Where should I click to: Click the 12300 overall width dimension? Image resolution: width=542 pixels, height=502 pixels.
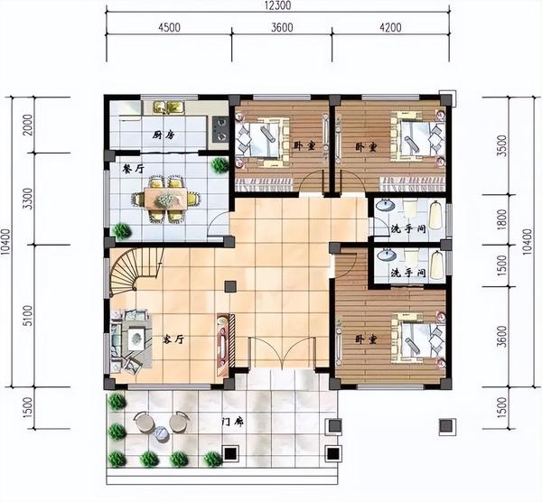[x=277, y=5]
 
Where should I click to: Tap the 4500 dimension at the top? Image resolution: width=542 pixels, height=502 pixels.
[x=170, y=27]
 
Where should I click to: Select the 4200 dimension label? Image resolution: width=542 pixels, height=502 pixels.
[x=390, y=27]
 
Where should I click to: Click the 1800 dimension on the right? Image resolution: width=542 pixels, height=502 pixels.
[x=501, y=219]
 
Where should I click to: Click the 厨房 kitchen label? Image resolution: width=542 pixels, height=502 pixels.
[x=163, y=135]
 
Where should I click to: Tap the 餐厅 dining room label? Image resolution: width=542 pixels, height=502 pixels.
[x=134, y=169]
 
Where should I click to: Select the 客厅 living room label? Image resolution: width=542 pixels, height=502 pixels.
[x=173, y=339]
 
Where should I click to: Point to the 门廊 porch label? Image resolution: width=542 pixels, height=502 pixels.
[x=233, y=423]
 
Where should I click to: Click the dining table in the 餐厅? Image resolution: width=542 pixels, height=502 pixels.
[x=165, y=199]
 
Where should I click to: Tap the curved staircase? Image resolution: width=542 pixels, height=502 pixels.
[x=135, y=272]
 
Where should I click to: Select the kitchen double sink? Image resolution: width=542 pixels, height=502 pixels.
[x=169, y=107]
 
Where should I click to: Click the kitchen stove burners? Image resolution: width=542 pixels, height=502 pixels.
[x=220, y=129]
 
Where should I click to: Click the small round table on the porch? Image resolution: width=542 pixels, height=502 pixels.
[x=162, y=433]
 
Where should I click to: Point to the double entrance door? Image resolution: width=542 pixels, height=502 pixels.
[x=283, y=352]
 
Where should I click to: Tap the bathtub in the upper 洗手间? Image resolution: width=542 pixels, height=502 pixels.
[x=436, y=216]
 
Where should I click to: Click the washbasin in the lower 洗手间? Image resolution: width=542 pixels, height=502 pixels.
[x=387, y=255]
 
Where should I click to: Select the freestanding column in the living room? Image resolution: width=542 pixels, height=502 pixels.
[x=230, y=287]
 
